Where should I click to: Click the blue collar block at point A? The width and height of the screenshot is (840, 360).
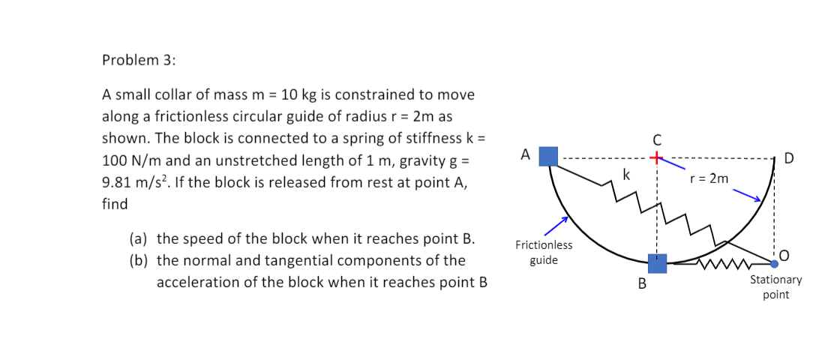[x=549, y=156]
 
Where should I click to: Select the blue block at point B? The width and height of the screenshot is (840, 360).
[x=657, y=263]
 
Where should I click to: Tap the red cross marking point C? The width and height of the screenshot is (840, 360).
[x=657, y=158]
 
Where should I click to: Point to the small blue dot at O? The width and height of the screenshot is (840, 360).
[x=775, y=263]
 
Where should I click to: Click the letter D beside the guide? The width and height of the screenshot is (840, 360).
[x=789, y=158]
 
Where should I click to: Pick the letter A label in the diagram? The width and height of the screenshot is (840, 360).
[x=526, y=155]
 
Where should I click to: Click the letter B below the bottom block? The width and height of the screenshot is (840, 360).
[x=642, y=284]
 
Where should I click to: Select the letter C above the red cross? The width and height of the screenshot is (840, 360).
[x=657, y=139]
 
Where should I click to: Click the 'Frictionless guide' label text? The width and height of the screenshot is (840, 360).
[x=544, y=253]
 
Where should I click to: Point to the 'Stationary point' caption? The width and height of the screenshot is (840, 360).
[x=775, y=286]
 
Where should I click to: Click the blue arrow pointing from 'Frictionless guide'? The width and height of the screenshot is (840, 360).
[x=556, y=223]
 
